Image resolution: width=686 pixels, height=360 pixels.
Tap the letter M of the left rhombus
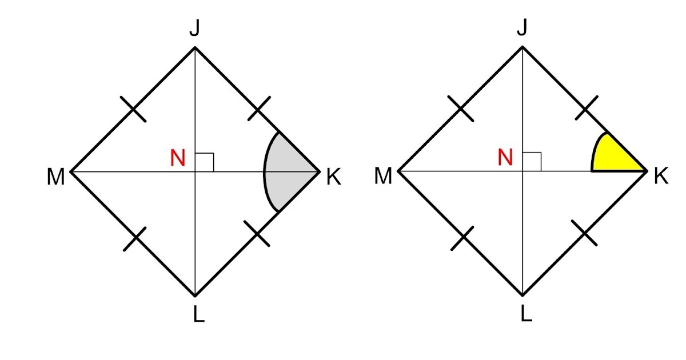pyautogui.click(x=55, y=178)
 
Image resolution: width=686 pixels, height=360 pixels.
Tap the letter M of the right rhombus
pyautogui.click(x=383, y=178)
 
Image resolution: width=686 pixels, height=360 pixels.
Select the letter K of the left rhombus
pyautogui.click(x=333, y=178)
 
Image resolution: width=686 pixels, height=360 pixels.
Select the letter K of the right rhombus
pyautogui.click(x=661, y=178)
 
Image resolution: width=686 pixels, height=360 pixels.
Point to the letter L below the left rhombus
pyautogui.click(x=198, y=315)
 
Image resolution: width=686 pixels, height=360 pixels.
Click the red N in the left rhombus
pyautogui.click(x=178, y=158)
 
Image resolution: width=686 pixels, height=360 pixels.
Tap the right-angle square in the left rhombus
pyautogui.click(x=204, y=162)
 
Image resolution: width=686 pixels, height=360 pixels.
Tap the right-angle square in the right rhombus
pyautogui.click(x=532, y=162)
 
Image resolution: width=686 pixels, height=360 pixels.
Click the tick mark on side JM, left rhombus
pyautogui.click(x=134, y=110)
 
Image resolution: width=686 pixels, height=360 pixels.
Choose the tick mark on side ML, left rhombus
pyautogui.click(x=135, y=239)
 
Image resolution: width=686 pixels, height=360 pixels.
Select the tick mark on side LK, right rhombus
pyautogui.click(x=584, y=234)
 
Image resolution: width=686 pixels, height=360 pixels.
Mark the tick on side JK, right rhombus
pyautogui.click(x=587, y=109)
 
